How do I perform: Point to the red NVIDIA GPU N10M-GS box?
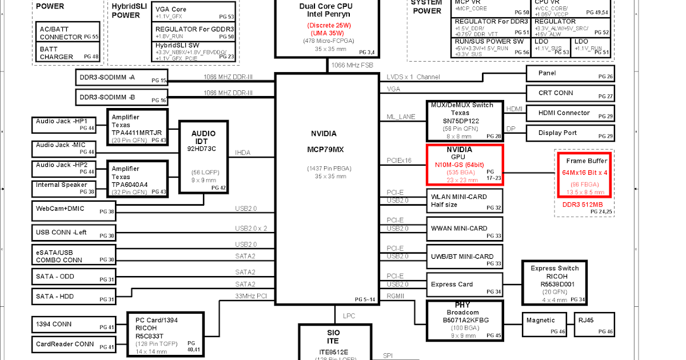464,165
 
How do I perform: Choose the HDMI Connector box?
569,113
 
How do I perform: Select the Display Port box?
569,133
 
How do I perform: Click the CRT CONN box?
569,93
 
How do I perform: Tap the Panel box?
569,73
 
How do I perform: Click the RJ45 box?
595,324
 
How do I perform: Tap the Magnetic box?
544,324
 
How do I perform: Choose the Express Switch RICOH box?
554,282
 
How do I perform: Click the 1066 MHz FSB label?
352,65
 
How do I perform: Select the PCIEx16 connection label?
399,161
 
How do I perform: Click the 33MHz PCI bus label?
252,295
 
